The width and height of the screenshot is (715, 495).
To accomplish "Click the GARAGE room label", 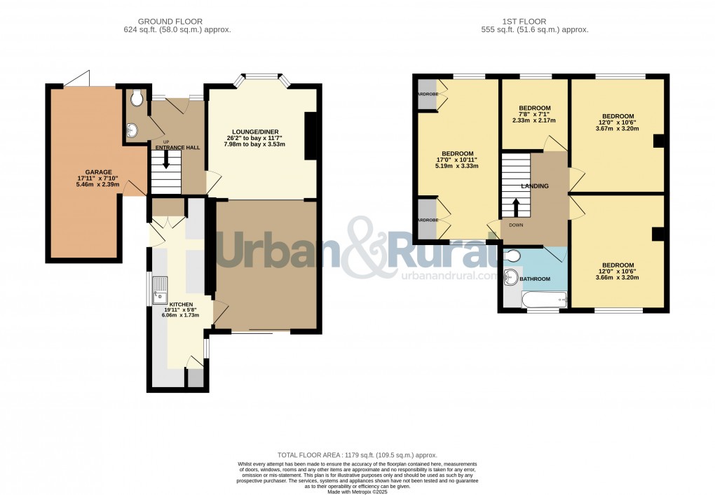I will [98, 171].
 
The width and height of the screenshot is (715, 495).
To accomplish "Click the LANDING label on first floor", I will [535, 186].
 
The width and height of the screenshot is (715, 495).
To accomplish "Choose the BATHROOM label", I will [535, 279].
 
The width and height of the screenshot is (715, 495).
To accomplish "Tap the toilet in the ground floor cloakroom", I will [137, 99].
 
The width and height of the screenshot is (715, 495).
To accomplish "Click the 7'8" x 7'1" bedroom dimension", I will [534, 115].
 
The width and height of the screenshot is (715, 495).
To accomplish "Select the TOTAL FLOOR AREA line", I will [357, 454].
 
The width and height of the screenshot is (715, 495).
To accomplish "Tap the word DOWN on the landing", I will [516, 225].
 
